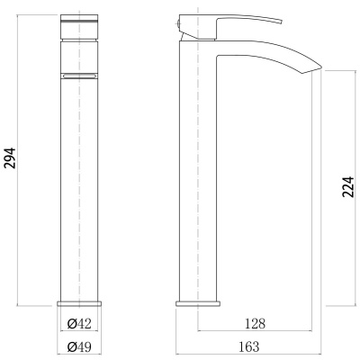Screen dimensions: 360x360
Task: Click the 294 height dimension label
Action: click(11, 157)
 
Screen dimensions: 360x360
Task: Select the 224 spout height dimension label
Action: click(348, 186)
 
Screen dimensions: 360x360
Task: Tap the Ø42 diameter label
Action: click(79, 324)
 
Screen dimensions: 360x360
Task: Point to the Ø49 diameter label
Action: click(79, 346)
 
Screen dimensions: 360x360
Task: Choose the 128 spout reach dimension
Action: click(256, 324)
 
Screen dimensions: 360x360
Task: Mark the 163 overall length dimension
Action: click(248, 346)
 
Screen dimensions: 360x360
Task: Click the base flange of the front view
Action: click(79, 303)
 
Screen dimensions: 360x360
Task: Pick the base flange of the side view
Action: click(198, 303)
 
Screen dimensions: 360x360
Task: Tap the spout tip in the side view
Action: click(321, 66)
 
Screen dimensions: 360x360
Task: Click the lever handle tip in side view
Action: click(282, 22)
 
